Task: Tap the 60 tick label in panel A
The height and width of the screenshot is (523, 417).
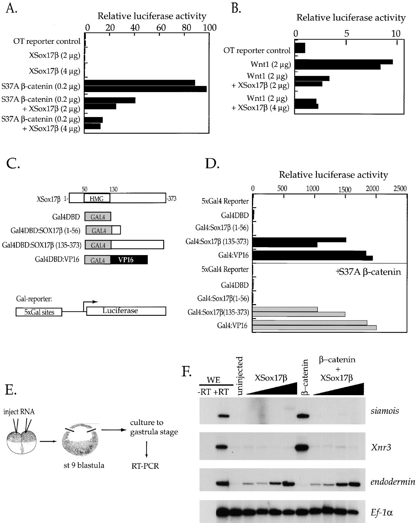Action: (x=161, y=28)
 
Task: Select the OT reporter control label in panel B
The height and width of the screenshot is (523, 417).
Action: (x=257, y=51)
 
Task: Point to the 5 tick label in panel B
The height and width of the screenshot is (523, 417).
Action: (x=346, y=34)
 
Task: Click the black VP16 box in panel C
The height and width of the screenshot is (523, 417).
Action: (x=129, y=260)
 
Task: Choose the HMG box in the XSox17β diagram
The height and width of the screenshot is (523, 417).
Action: (x=97, y=198)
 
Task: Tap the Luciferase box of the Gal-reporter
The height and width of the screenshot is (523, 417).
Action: (x=126, y=311)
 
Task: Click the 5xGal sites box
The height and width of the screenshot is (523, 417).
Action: (x=39, y=312)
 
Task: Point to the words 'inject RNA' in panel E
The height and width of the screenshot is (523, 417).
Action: (x=19, y=412)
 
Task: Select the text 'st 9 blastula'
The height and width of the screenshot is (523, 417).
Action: (x=84, y=465)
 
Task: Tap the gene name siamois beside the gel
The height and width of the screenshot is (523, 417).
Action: (x=384, y=411)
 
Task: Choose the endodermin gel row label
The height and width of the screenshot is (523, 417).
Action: (x=393, y=482)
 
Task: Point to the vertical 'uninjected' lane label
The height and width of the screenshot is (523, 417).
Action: (x=240, y=376)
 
